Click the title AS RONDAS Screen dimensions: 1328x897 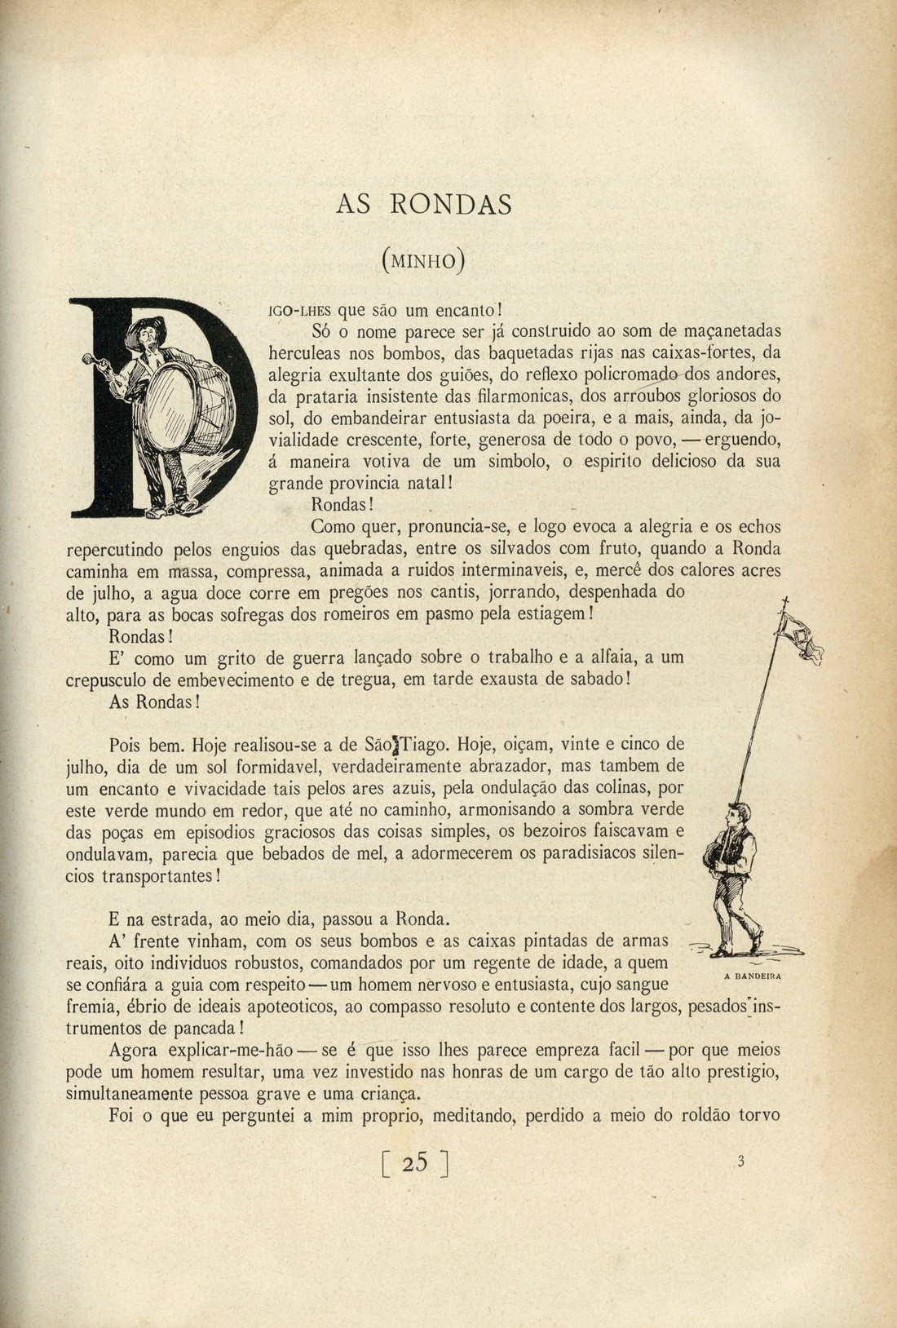coord(424,204)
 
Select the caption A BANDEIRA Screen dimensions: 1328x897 coord(752,976)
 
